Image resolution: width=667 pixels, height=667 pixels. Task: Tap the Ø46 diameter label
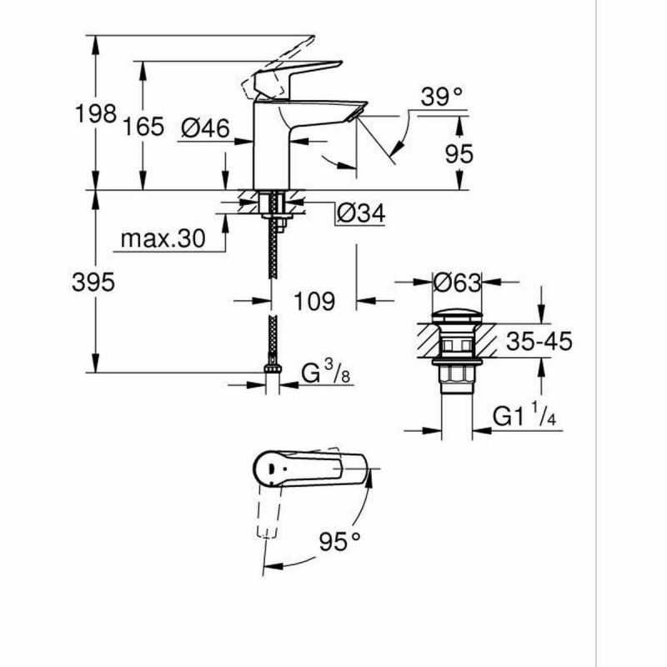(205, 128)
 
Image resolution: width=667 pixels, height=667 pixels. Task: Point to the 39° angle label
(441, 98)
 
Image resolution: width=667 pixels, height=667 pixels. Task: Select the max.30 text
(162, 239)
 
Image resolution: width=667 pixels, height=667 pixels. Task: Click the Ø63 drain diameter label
(458, 283)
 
